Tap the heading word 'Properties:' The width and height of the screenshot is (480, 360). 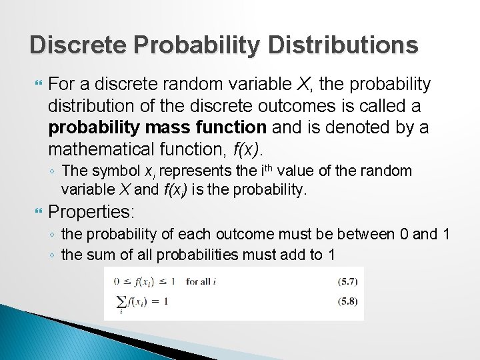click(92, 213)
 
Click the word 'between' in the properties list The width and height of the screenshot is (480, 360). click(365, 235)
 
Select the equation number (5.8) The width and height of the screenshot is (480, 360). click(347, 301)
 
